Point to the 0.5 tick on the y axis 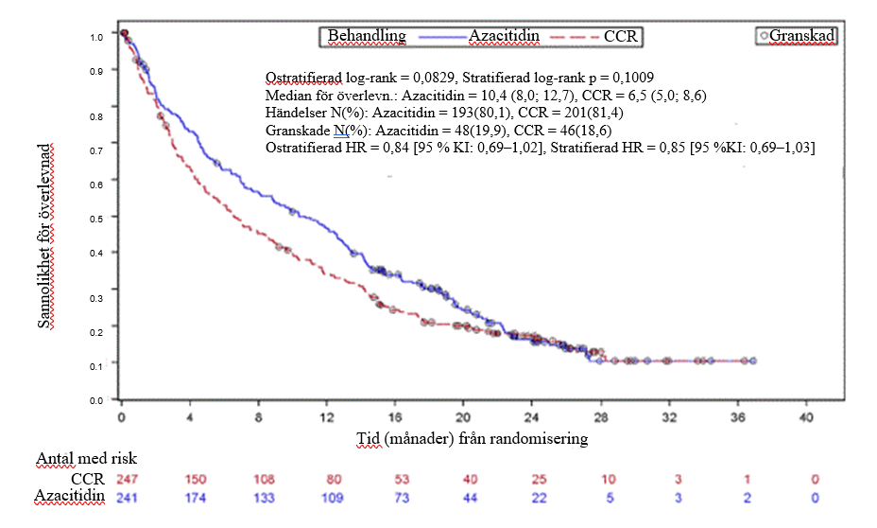[96, 219]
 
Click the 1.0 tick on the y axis [96, 37]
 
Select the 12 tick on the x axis [327, 417]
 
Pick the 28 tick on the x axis [601, 417]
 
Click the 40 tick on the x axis [806, 417]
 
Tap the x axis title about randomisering [473, 438]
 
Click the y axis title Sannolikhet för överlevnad [44, 237]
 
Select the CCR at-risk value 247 [127, 480]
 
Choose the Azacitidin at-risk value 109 [333, 498]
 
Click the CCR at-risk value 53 [402, 480]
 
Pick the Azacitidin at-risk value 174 [196, 498]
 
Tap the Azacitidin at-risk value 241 [127, 498]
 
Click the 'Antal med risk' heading [87, 459]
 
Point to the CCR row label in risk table [88, 480]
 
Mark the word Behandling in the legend [367, 36]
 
